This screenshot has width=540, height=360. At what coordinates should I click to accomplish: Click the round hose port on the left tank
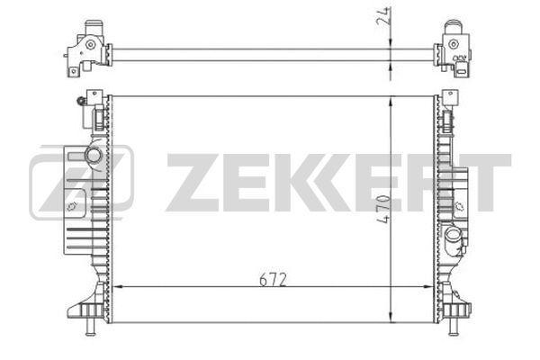tap(94, 155)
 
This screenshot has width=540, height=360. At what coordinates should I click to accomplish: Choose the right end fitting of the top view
tap(454, 45)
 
